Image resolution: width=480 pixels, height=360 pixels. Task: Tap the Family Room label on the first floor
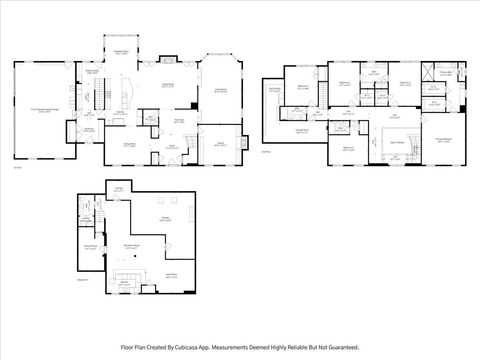click(x=156, y=87)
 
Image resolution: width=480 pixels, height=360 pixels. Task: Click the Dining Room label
click(x=130, y=146)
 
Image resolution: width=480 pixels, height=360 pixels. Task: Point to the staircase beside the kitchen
click(x=98, y=96)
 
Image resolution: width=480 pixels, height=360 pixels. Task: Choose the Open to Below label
click(x=396, y=143)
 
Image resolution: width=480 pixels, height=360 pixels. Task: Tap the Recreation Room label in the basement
click(x=130, y=244)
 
